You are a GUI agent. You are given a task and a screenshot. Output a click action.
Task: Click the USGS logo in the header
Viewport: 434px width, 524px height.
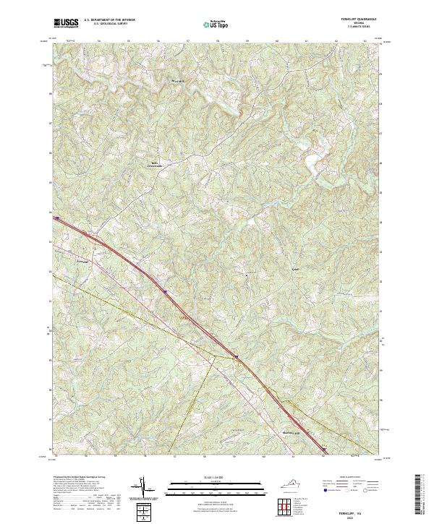point(67,24)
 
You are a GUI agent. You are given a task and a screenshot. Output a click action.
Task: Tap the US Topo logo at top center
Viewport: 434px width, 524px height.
point(216,24)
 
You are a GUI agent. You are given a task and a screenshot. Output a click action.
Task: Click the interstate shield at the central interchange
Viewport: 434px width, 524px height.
point(235,356)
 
